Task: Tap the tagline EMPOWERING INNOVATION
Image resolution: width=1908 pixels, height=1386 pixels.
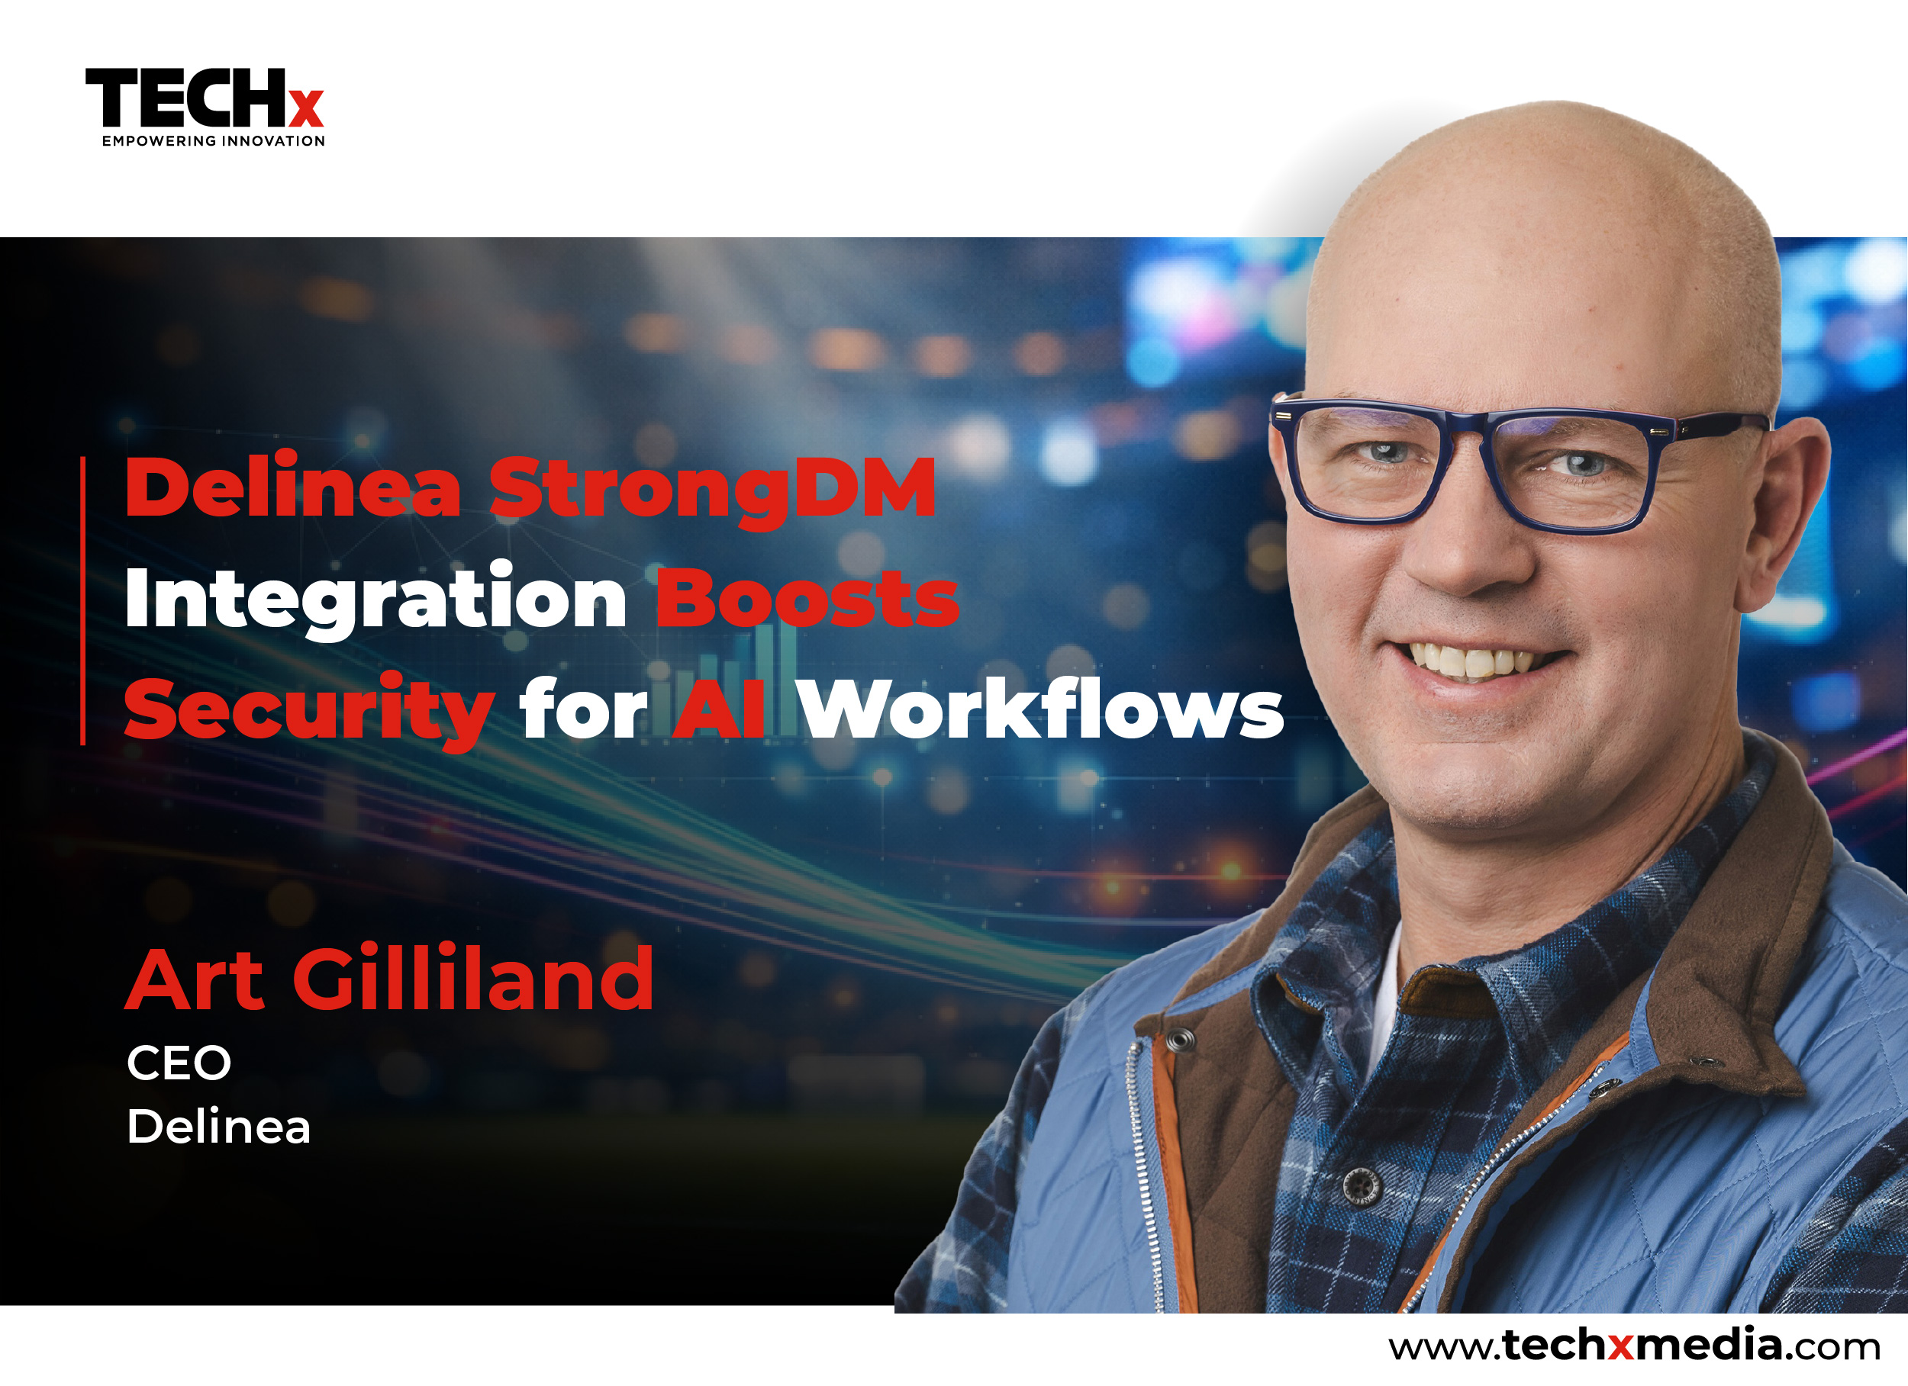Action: (x=214, y=141)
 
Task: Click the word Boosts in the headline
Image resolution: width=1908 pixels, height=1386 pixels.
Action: (x=807, y=599)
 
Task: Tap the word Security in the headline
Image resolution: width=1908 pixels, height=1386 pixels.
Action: (x=309, y=711)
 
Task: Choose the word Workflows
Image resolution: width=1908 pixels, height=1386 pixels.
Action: (x=1041, y=708)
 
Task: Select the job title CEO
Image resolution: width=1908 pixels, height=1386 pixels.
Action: (x=179, y=1063)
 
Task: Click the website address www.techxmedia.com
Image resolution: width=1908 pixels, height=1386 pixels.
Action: (x=1634, y=1345)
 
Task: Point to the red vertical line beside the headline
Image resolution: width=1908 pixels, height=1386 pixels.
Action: (x=82, y=600)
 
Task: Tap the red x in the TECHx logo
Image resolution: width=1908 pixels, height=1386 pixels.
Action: (x=306, y=108)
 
